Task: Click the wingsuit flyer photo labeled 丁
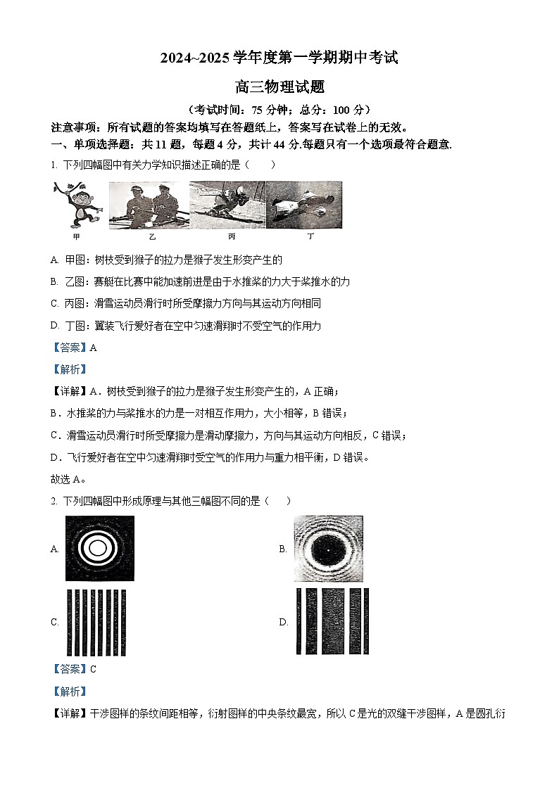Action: click(305, 204)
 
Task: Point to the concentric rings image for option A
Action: click(99, 549)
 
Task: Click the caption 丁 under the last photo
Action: click(310, 236)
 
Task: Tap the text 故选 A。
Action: click(69, 480)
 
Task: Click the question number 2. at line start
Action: click(54, 501)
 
